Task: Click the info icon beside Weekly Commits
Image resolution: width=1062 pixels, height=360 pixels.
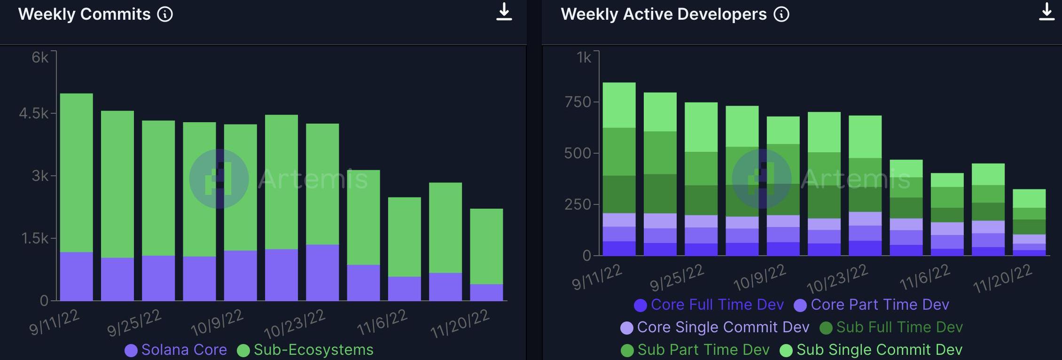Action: pos(165,15)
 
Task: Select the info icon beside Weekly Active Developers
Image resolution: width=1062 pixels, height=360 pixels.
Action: pos(781,15)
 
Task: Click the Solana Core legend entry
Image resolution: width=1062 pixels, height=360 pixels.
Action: pos(176,350)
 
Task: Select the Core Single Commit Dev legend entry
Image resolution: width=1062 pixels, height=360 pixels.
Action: pos(715,328)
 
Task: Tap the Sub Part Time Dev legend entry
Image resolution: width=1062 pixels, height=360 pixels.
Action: pos(695,350)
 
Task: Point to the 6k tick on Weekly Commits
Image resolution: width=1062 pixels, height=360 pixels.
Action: pos(40,57)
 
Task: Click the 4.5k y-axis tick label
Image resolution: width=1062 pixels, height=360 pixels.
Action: pos(33,113)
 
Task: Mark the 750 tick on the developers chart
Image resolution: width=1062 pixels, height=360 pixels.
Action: pos(578,102)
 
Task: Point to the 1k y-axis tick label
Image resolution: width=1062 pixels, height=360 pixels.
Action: pos(584,57)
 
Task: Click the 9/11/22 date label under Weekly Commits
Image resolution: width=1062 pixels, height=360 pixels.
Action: pos(54,322)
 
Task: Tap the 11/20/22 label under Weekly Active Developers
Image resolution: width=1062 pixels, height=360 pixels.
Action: pos(1002,278)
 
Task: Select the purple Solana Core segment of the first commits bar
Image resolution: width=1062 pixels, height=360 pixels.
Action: pos(77,276)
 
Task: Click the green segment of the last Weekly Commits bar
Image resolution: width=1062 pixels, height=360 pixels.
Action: pos(486,246)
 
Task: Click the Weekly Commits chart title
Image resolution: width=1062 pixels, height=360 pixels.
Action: pos(84,15)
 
